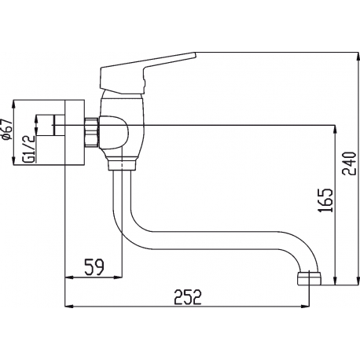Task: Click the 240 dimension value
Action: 350,163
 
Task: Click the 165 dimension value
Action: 325,200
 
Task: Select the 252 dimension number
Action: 189,297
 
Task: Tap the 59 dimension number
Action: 94,267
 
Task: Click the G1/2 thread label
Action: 29,149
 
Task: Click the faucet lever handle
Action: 145,73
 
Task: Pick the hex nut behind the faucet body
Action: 92,132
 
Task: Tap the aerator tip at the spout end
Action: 310,279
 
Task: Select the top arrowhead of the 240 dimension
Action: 358,57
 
